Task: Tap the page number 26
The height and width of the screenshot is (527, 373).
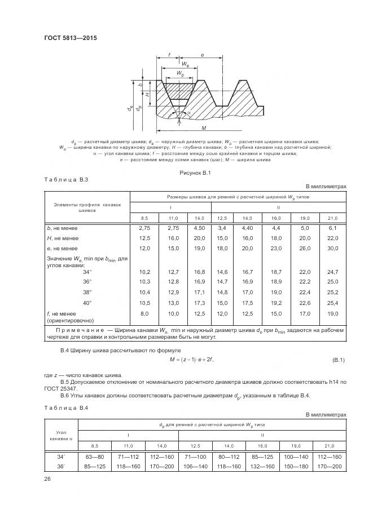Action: (47, 478)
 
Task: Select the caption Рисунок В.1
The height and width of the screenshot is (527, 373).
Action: (195, 172)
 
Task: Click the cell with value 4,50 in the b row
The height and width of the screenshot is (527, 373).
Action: (200, 228)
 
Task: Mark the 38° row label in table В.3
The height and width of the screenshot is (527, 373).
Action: (87, 293)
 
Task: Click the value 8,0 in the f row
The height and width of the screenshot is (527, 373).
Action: (144, 313)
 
